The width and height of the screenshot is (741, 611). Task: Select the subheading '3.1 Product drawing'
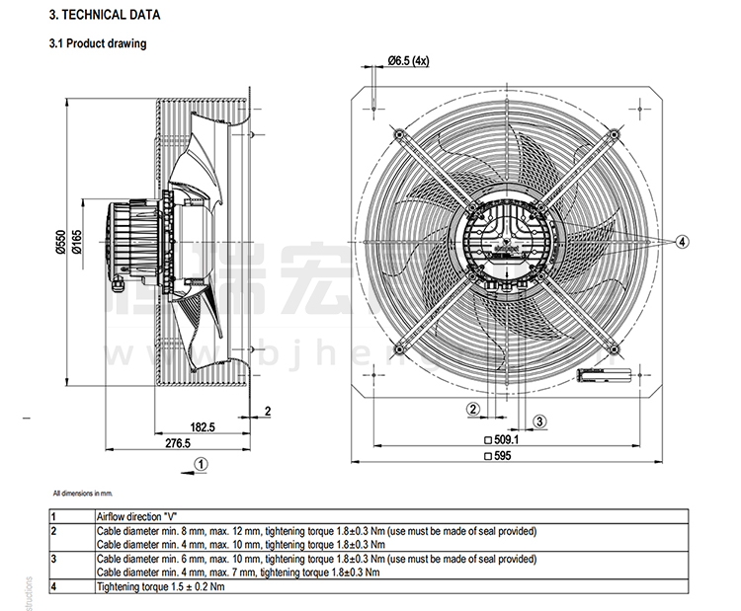(98, 43)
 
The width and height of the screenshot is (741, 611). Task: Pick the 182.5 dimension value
(202, 426)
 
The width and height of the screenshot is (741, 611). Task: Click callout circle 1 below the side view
(200, 461)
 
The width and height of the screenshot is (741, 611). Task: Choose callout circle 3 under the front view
(539, 420)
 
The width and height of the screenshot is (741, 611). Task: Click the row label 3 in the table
(53, 559)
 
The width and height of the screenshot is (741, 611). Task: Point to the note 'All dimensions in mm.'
(84, 492)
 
